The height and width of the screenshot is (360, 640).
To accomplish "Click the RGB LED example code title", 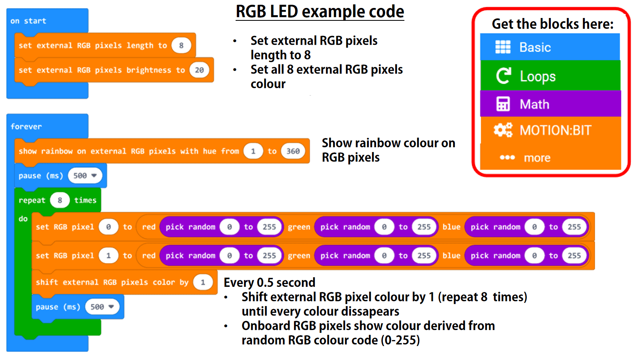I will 320,12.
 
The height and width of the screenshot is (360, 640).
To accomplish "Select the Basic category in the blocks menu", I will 535,47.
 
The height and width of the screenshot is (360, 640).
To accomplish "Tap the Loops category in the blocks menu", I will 537,76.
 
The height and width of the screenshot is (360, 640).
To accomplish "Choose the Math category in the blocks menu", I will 534,104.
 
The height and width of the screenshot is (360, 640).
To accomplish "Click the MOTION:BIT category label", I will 555,130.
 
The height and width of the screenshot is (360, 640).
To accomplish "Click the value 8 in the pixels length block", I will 181,46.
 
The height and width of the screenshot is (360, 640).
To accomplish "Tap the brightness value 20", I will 199,70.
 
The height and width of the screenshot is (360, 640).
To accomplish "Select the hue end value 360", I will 293,151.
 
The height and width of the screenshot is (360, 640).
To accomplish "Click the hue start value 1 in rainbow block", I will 253,151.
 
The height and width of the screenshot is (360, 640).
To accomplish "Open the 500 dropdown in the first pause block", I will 85,176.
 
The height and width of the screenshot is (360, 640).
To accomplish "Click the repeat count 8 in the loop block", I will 60,200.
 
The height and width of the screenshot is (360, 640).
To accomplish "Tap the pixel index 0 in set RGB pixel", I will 108,227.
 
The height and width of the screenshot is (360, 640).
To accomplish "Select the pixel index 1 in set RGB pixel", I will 108,256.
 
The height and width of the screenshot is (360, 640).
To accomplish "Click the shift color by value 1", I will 203,282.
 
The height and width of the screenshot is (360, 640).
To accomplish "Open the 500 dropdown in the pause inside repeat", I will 102,307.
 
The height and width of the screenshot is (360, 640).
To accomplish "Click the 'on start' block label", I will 28,21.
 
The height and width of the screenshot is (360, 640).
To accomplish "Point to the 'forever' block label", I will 26,126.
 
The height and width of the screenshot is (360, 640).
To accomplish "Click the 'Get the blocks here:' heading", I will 552,24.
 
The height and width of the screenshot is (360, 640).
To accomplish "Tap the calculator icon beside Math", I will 503,104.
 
